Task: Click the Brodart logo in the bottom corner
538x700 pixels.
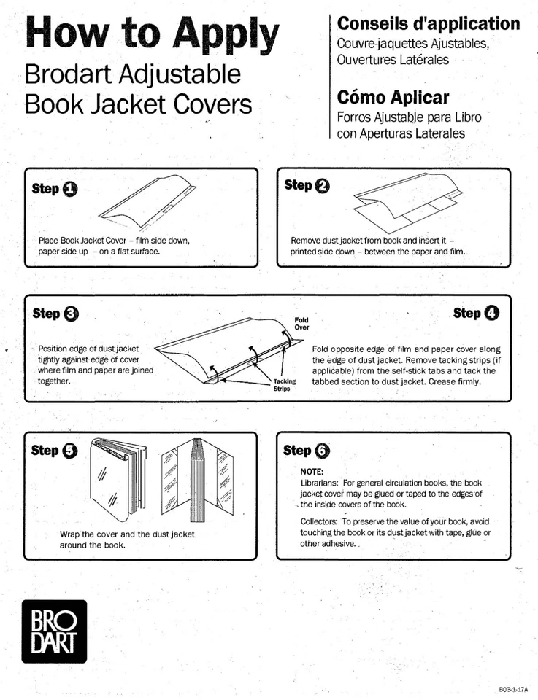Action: tap(53, 631)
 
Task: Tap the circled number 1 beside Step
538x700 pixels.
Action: tap(69, 190)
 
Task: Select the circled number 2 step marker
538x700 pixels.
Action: tap(321, 186)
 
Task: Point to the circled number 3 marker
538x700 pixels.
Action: tap(71, 314)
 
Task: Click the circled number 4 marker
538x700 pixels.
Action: tap(491, 314)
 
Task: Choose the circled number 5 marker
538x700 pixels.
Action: tap(69, 451)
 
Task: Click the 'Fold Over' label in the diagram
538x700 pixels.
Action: tap(301, 323)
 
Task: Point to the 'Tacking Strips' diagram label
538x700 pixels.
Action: tap(284, 385)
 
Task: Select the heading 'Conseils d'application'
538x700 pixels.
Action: tap(429, 23)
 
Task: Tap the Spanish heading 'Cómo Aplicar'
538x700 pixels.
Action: tap(393, 98)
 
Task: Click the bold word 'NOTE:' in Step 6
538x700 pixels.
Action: tap(312, 472)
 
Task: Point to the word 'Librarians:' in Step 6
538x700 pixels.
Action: tap(320, 483)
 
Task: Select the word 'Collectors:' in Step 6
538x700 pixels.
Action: tap(319, 521)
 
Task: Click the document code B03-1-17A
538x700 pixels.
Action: tap(513, 688)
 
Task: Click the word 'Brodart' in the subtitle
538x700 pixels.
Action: tap(68, 74)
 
